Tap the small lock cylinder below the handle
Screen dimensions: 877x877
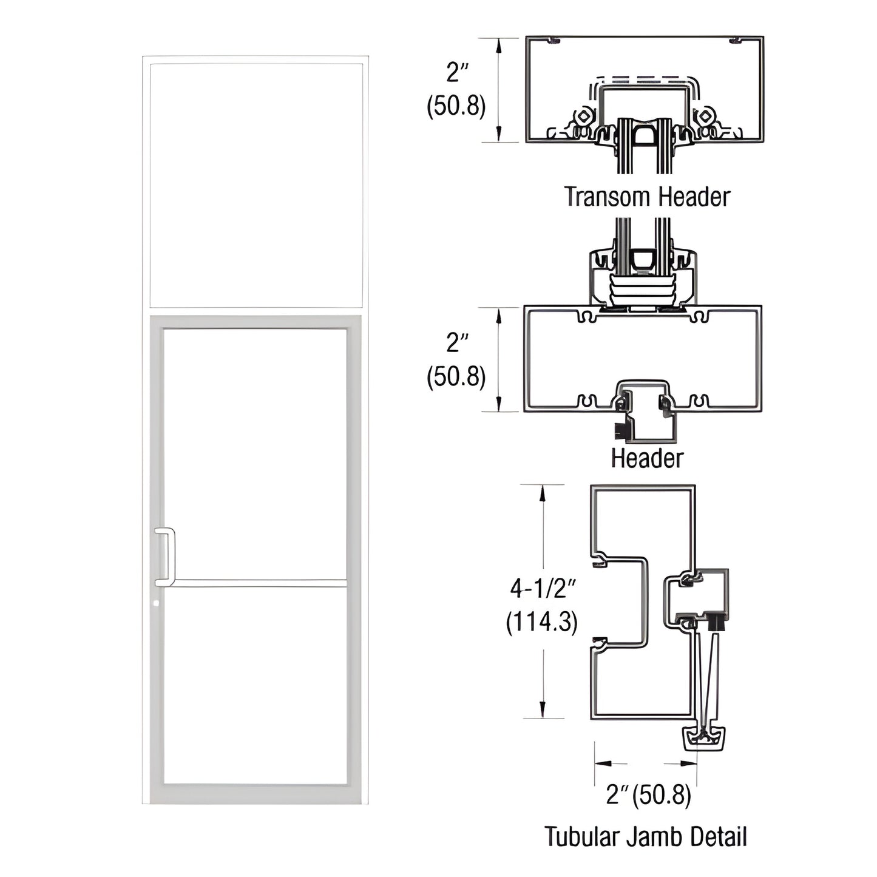[x=157, y=604]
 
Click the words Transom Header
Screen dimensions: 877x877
[x=647, y=197]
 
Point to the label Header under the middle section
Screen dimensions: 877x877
[x=647, y=458]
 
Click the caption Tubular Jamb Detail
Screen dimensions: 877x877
[x=645, y=837]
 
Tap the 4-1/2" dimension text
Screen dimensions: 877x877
[x=543, y=588]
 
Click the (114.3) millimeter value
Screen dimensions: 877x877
[x=541, y=622]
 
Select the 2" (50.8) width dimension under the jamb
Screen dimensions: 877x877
[x=648, y=795]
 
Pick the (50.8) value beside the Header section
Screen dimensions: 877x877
[x=456, y=378]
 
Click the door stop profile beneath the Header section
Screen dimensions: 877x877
[x=646, y=416]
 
